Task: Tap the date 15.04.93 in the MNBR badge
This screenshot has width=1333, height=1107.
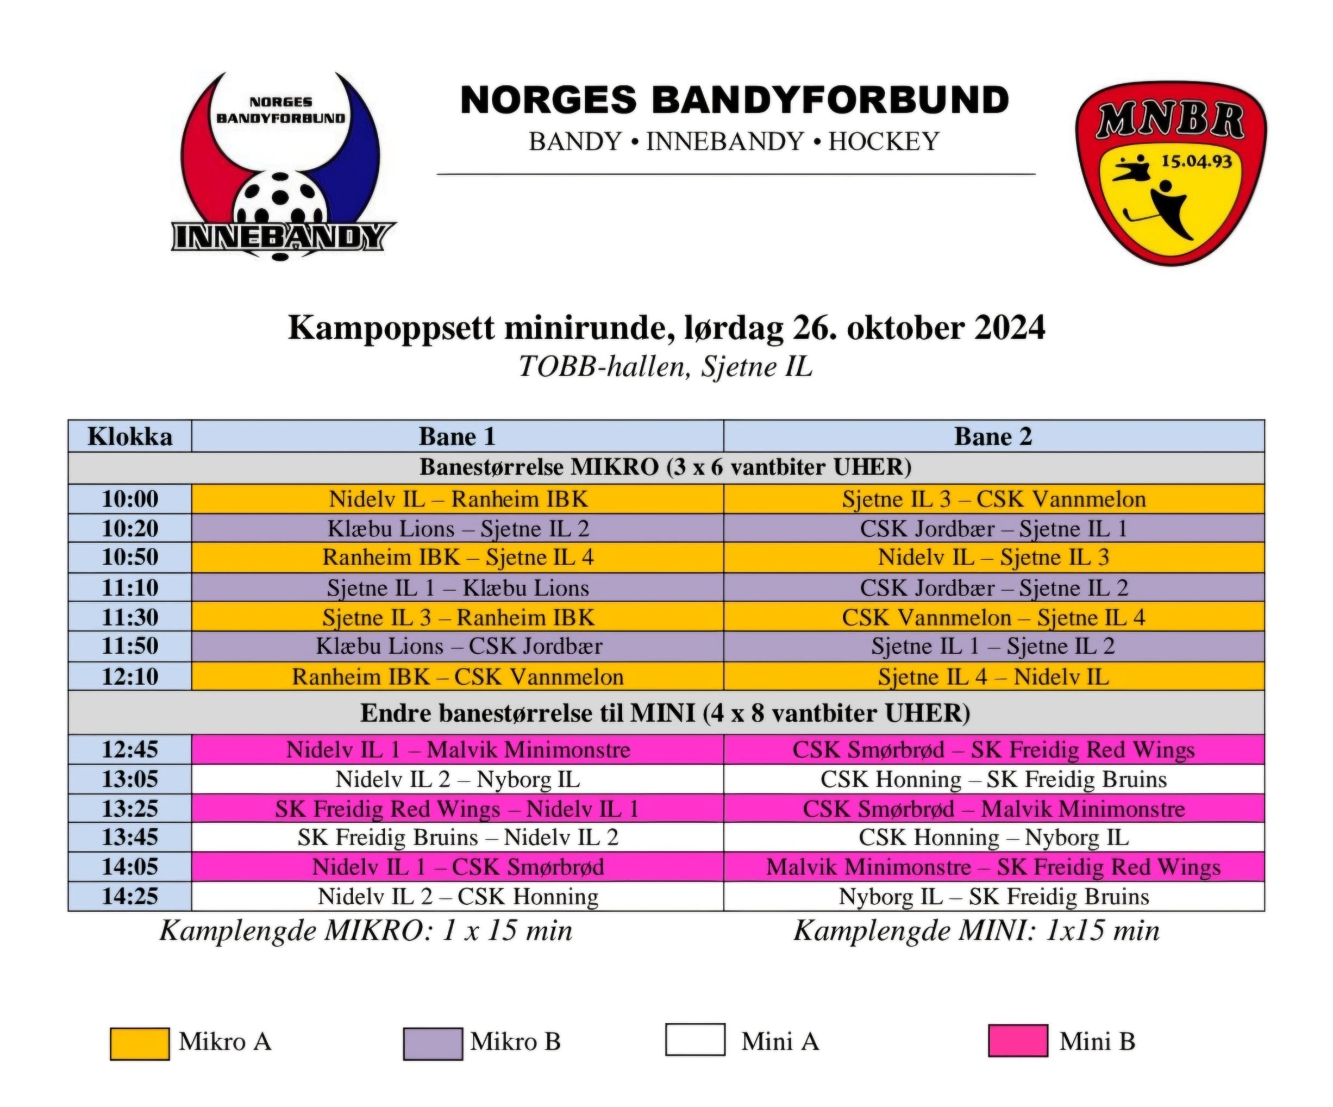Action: click(1196, 161)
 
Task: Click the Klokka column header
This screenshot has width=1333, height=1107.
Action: click(130, 437)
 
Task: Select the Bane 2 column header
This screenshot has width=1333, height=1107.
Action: click(993, 437)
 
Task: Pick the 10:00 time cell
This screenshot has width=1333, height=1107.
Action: click(130, 499)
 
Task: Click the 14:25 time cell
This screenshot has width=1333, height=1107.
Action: click(130, 896)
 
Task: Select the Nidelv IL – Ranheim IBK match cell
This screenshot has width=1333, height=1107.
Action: click(458, 499)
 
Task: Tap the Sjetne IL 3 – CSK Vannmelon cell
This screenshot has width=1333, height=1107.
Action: click(994, 499)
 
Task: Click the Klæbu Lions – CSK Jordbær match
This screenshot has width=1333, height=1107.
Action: click(458, 646)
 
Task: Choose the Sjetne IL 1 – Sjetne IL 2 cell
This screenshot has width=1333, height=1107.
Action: click(994, 646)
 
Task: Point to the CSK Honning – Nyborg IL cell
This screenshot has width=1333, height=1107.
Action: click(994, 837)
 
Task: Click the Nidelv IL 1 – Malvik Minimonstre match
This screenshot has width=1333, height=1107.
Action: click(458, 749)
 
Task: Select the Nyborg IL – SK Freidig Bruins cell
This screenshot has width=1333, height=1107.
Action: click(994, 896)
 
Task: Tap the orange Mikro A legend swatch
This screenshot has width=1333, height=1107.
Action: click(140, 1043)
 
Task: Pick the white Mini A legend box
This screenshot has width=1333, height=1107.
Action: click(695, 1040)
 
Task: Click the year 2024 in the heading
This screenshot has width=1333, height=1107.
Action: click(1009, 328)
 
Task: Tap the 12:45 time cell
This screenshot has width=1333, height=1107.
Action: click(130, 749)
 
